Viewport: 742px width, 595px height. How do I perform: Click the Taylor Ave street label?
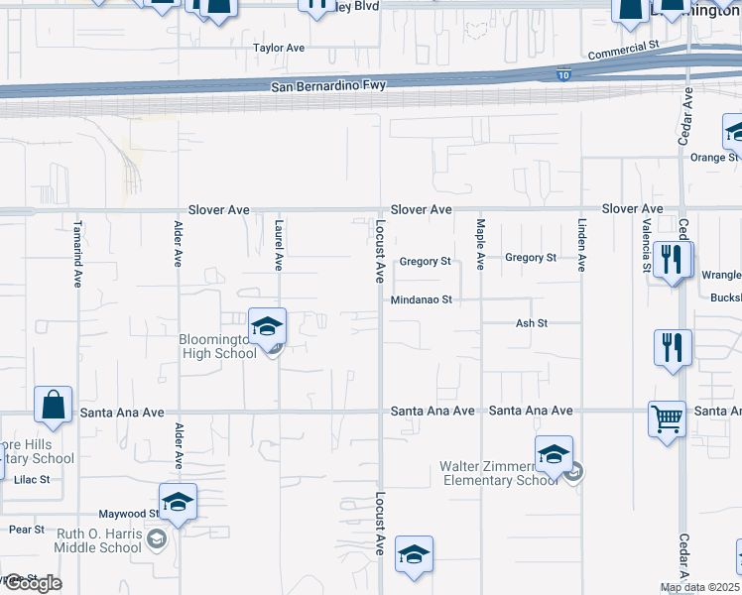click(x=279, y=48)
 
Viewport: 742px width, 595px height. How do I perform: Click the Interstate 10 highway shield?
click(x=564, y=74)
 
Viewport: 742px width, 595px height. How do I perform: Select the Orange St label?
click(x=714, y=157)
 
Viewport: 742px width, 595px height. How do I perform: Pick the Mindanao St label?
click(x=422, y=299)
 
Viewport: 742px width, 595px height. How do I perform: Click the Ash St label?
click(x=532, y=323)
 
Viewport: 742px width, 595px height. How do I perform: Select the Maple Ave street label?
click(x=480, y=245)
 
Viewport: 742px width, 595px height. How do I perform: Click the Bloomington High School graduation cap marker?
click(x=267, y=326)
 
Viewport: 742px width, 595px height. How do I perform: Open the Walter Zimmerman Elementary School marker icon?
click(x=554, y=454)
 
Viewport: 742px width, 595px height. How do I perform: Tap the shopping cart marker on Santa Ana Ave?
click(x=667, y=417)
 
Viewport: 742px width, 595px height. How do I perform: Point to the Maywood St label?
click(x=127, y=514)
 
